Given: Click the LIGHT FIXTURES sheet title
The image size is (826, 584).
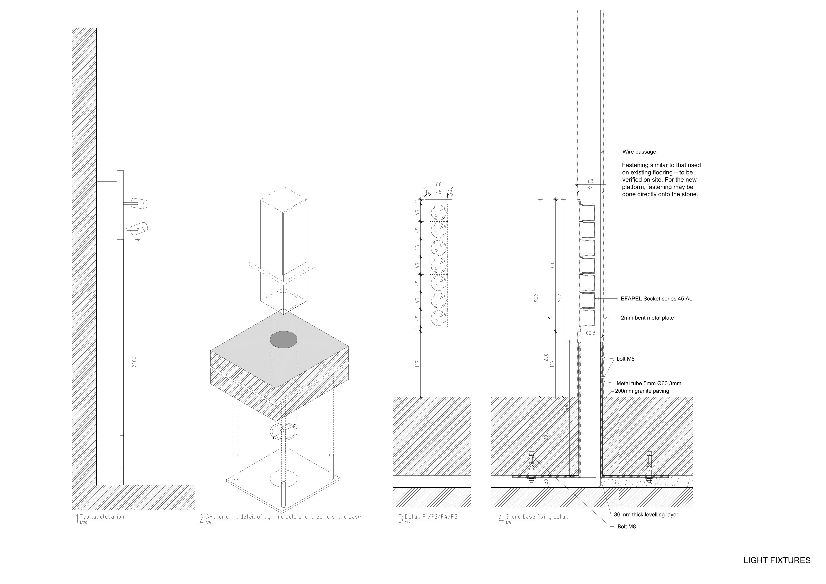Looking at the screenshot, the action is click(777, 560).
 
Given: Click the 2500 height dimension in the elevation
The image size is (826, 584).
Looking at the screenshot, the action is click(134, 362).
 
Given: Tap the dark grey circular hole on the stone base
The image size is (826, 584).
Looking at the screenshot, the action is click(284, 340).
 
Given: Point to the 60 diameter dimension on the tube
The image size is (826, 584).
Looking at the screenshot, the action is click(282, 428).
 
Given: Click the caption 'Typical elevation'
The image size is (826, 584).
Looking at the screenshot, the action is click(102, 517).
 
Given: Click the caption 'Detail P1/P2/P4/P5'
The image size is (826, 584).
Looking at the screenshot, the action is click(431, 517).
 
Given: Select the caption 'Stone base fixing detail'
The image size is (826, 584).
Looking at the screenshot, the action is click(536, 517).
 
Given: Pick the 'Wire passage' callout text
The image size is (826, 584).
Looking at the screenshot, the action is click(639, 152).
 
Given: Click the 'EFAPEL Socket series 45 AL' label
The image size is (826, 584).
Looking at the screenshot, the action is click(656, 298).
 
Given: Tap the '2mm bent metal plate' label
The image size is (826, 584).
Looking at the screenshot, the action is click(647, 318).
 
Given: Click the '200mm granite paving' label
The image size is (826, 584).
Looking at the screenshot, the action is click(642, 391).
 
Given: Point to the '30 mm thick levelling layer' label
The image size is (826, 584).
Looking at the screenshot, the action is click(646, 515).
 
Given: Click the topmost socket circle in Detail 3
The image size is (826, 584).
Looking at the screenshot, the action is click(439, 212).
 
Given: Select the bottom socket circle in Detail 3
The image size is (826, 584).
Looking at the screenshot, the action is click(439, 318).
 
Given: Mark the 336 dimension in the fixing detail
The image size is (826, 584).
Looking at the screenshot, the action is click(552, 265).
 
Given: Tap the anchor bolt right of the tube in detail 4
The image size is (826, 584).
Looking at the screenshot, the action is click(649, 467).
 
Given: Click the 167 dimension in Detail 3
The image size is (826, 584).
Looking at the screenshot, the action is click(417, 364).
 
